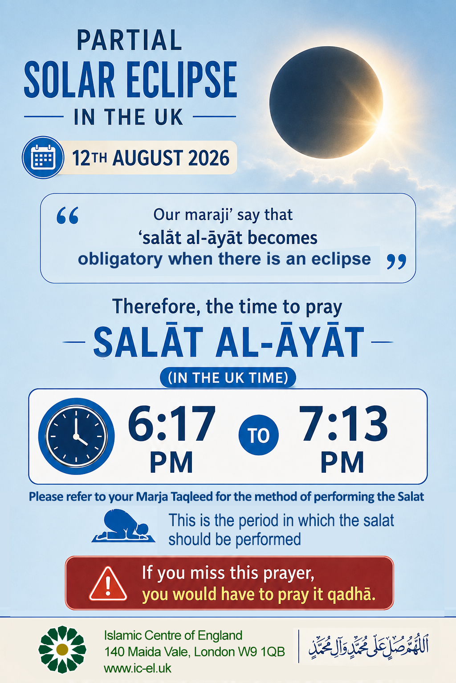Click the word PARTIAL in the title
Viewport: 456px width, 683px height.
click(x=130, y=40)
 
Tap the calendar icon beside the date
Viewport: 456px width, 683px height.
click(x=43, y=157)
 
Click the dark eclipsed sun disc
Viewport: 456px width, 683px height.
click(x=326, y=102)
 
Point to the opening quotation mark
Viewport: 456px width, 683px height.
click(x=68, y=216)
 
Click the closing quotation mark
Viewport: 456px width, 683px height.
click(x=396, y=261)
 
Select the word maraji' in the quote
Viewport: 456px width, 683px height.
click(x=209, y=215)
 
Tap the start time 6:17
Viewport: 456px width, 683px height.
click(x=171, y=424)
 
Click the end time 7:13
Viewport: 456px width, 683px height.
click(x=343, y=424)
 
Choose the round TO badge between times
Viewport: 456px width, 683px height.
click(x=259, y=435)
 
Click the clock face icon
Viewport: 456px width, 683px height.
click(x=76, y=436)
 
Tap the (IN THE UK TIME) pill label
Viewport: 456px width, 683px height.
click(x=228, y=378)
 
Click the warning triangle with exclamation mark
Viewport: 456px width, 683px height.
click(x=108, y=584)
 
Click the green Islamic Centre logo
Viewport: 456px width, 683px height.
click(x=62, y=650)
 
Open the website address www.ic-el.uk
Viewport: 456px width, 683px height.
click(x=138, y=668)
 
